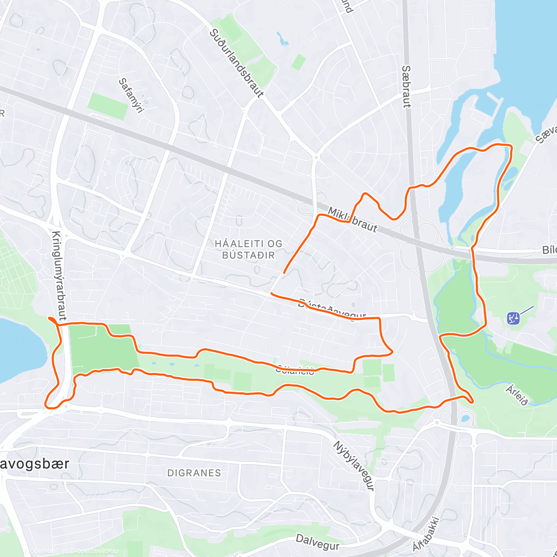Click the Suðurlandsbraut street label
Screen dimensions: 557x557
236,63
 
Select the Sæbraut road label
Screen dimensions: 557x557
406,86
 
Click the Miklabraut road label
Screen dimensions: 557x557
353,220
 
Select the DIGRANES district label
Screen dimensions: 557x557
194,473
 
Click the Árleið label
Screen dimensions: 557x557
517,395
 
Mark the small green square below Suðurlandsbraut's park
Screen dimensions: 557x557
299,62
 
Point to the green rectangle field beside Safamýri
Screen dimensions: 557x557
108,106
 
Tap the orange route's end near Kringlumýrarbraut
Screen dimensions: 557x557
49,318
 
